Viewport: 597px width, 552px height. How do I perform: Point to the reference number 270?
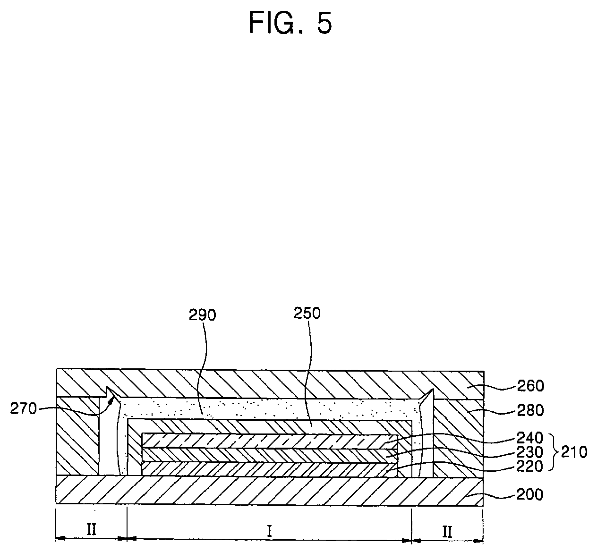[x=23, y=408]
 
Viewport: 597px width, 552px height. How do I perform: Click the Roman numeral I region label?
[x=269, y=532]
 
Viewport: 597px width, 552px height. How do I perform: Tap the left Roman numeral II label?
[x=91, y=530]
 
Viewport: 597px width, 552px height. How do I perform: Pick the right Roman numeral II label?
[x=447, y=532]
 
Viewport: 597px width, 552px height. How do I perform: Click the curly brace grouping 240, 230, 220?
[x=552, y=452]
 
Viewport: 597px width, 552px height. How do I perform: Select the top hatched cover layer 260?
[x=269, y=382]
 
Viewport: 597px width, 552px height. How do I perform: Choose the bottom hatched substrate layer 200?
[x=269, y=491]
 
